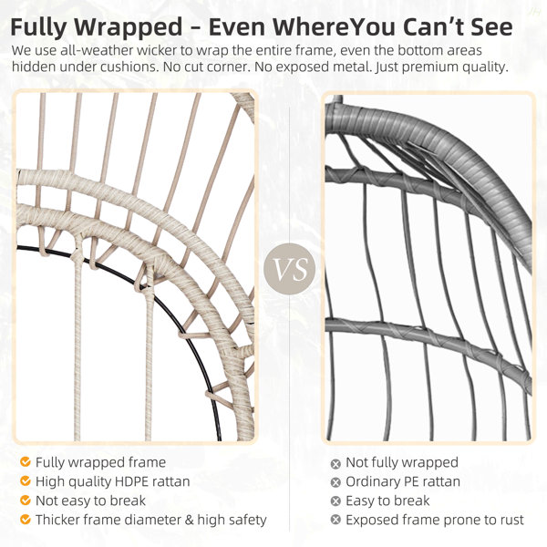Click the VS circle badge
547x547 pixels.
coord(289,269)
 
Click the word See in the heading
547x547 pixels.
coord(491,26)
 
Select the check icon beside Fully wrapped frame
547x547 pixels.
coord(26,462)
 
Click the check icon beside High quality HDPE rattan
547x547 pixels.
coord(26,481)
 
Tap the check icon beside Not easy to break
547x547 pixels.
coord(26,501)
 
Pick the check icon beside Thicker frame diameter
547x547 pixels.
coord(26,520)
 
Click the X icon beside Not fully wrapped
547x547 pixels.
coord(335,464)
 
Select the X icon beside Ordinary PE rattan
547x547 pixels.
coord(335,482)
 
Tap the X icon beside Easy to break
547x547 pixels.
coord(335,501)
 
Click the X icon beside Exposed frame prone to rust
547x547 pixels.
coord(335,520)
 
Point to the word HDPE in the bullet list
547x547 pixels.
coord(131,481)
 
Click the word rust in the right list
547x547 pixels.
coord(512,520)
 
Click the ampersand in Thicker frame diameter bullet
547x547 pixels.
coord(189,520)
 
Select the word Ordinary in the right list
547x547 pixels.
coord(372,482)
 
